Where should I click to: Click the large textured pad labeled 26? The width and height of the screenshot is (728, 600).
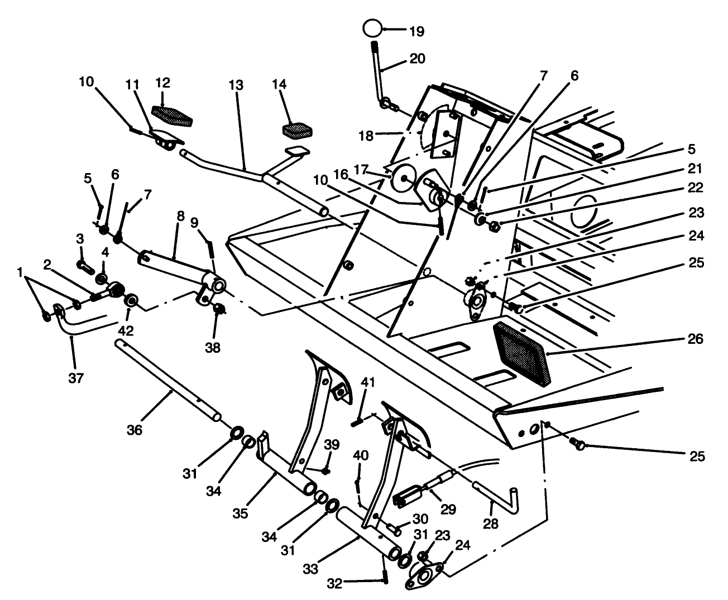pos(521,353)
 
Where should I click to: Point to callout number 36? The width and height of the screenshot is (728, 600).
pos(135,430)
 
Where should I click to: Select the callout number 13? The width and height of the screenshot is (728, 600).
pos(236,85)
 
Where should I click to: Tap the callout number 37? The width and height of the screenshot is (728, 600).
pos(76,378)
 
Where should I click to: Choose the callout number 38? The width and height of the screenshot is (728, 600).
pos(213,348)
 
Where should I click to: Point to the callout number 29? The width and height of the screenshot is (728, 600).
pos(447,509)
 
